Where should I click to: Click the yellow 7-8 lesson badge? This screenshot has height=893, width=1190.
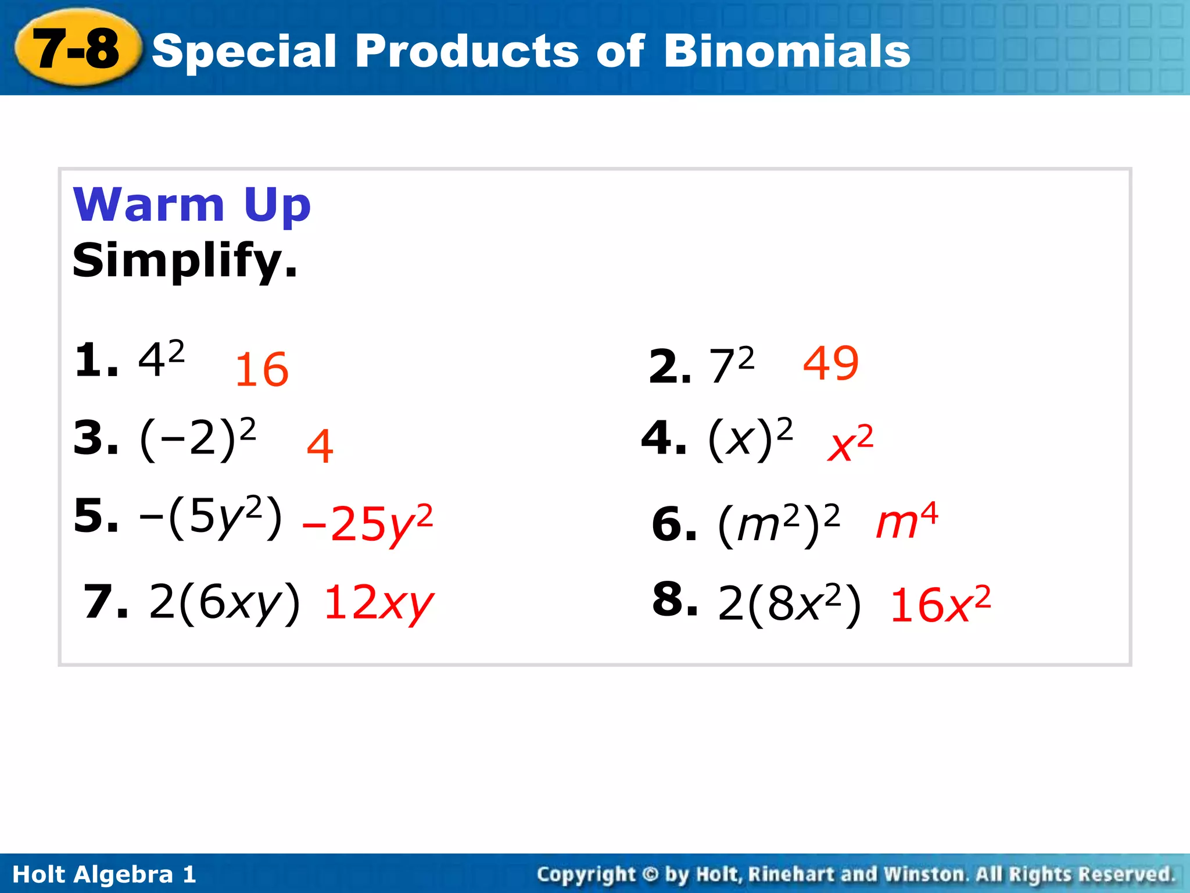(x=77, y=49)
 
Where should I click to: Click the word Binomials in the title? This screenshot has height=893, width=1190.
(x=787, y=51)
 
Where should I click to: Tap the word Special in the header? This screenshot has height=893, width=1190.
(x=244, y=51)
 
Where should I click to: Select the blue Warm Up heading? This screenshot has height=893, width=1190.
(x=192, y=205)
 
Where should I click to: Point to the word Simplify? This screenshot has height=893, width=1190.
(x=185, y=260)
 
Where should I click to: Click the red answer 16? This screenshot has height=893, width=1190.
(x=261, y=370)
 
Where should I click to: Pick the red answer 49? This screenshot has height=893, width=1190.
(x=830, y=363)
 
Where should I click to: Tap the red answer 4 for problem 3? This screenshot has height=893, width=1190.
(x=320, y=446)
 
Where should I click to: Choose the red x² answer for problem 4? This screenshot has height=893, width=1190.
(x=850, y=444)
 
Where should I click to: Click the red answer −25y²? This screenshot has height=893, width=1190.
(x=368, y=524)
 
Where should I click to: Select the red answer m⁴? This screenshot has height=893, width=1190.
(x=906, y=520)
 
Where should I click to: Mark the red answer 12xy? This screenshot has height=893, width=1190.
(x=379, y=603)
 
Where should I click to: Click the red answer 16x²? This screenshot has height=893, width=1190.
(x=940, y=605)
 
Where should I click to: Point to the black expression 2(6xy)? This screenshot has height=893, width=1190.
(x=225, y=602)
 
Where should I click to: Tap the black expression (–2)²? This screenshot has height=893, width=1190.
(x=198, y=439)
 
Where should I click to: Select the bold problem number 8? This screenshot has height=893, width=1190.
(x=674, y=599)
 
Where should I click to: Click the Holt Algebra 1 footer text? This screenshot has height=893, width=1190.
(x=105, y=874)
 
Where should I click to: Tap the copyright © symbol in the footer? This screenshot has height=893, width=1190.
(x=650, y=874)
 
